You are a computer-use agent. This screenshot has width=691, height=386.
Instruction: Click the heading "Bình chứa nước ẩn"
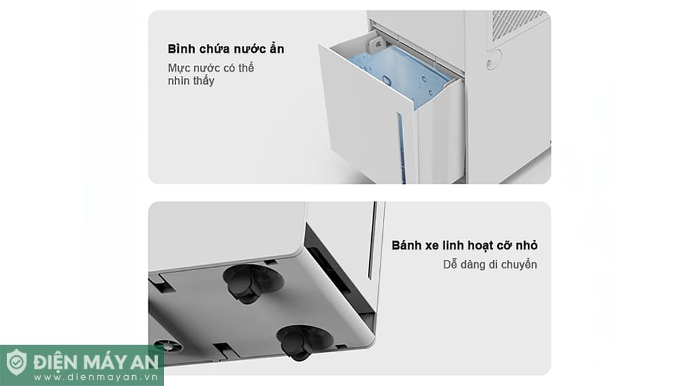coord(226,49)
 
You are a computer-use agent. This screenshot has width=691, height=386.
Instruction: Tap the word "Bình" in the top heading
coord(182,49)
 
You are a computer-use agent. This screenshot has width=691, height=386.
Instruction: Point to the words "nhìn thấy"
coord(191,81)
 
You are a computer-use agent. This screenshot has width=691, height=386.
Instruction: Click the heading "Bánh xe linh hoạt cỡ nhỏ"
coord(464,245)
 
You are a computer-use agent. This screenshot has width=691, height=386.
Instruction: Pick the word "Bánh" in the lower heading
coord(406,245)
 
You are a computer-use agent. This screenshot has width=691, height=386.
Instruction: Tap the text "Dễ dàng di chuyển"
coord(486,264)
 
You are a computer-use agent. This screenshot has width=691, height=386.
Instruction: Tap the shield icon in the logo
coord(16,362)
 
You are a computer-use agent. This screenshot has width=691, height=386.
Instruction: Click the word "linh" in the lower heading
coord(459,245)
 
